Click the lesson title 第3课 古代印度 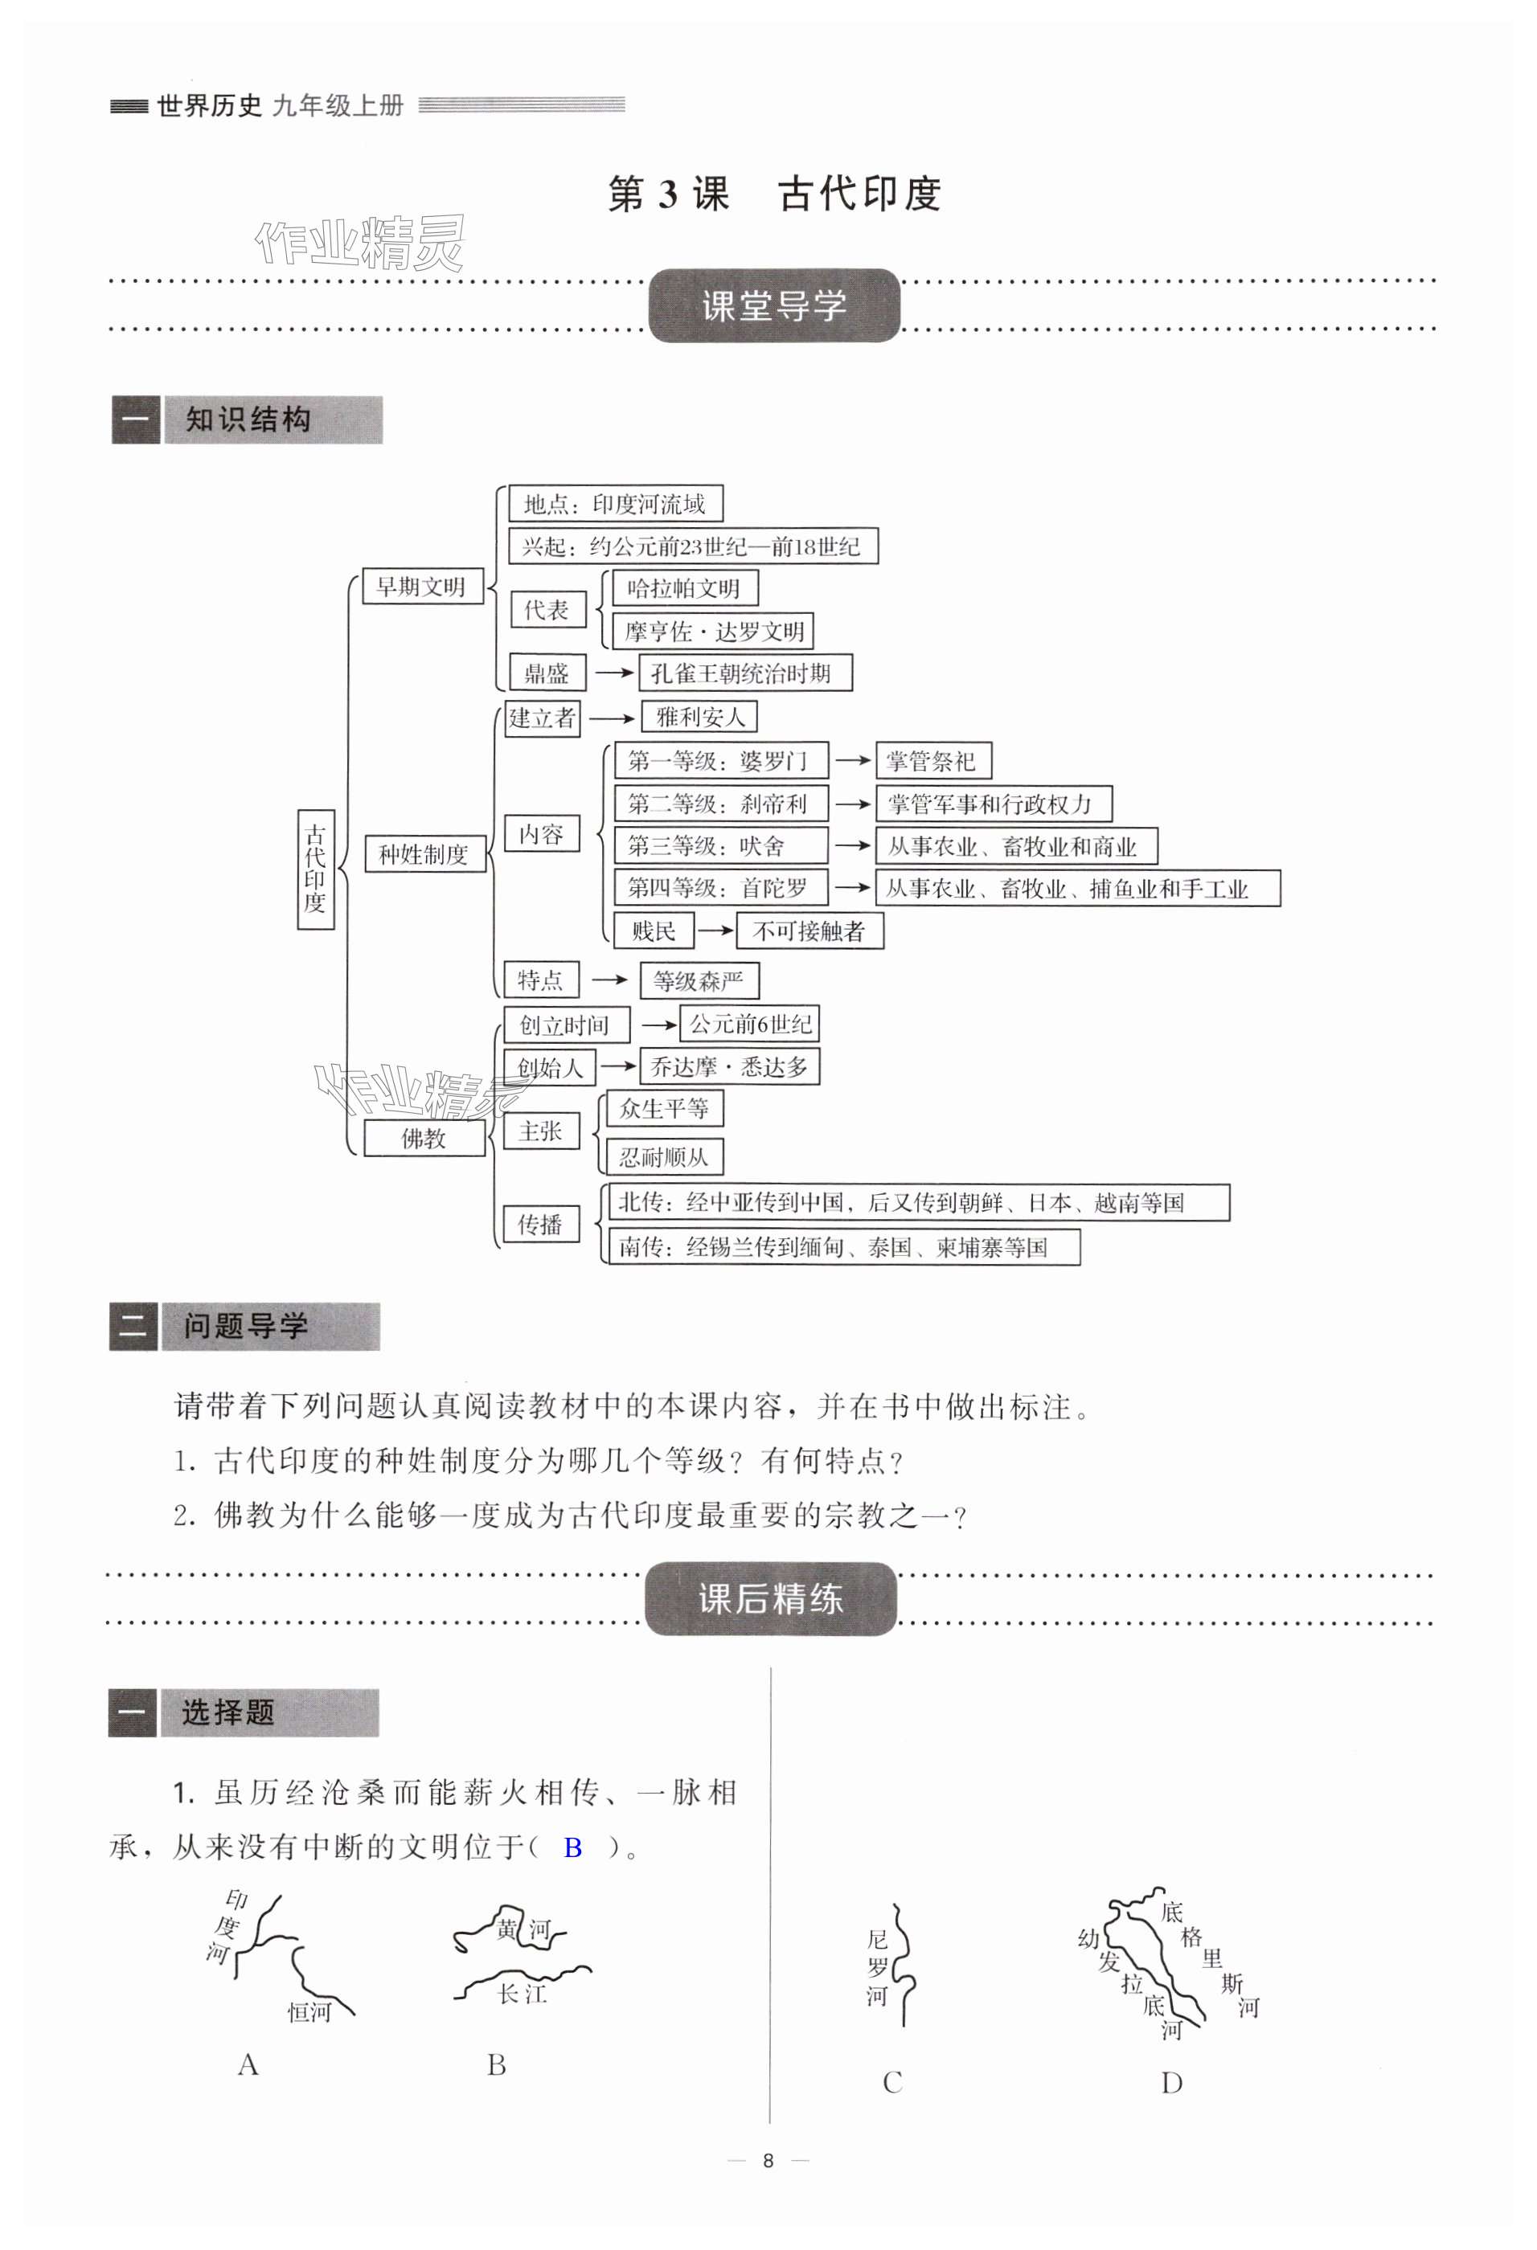tap(774, 194)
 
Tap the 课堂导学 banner tap(774, 306)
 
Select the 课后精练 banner tap(770, 1598)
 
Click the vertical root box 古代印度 tap(316, 869)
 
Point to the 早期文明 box tap(422, 587)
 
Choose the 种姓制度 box tap(424, 854)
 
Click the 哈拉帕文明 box tap(684, 587)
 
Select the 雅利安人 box tap(699, 718)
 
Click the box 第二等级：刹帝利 tap(720, 804)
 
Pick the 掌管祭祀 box tap(932, 761)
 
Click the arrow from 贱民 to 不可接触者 tap(715, 931)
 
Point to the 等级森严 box tap(699, 980)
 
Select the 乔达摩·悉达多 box tap(728, 1067)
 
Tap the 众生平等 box tap(664, 1109)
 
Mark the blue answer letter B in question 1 tap(572, 1848)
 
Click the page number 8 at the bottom tap(768, 2160)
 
